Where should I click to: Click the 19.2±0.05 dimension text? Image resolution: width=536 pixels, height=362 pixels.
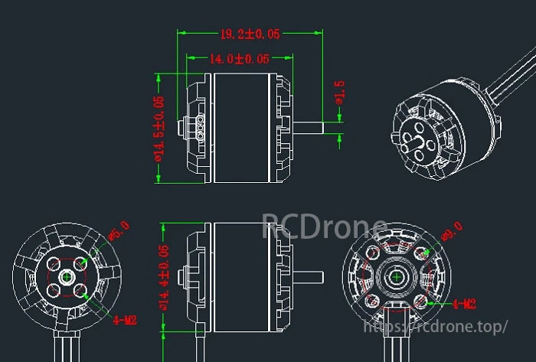[x=250, y=34]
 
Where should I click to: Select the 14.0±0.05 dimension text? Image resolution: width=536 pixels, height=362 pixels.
[x=240, y=58]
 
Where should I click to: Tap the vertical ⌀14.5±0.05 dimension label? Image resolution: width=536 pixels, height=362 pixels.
[x=159, y=128]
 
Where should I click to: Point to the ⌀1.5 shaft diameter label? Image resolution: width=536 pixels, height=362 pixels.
[x=339, y=93]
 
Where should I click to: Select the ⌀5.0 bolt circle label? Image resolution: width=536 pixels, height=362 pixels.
[x=121, y=230]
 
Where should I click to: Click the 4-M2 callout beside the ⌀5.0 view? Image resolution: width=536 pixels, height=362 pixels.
[x=124, y=320]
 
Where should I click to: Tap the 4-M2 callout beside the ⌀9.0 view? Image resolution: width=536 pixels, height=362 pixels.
[x=464, y=304]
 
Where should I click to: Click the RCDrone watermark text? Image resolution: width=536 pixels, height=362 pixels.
[x=325, y=227]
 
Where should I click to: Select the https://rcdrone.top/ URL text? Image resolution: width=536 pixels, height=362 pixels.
[x=433, y=327]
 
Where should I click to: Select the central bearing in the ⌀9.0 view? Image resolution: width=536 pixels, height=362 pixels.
[x=397, y=276]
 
